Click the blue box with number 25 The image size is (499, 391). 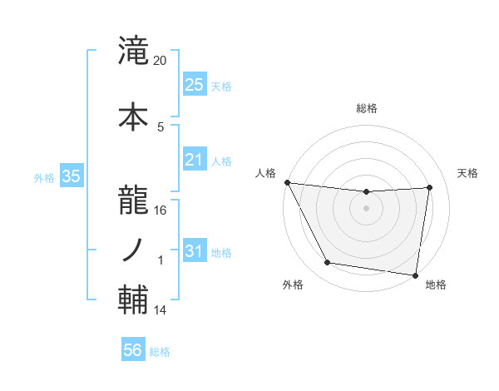click(195, 85)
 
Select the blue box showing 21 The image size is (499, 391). click(195, 160)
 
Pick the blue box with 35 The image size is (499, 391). click(71, 176)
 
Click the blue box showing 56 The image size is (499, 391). click(133, 350)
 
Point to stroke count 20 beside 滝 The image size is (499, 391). click(161, 61)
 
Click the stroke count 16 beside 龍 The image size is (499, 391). click(161, 210)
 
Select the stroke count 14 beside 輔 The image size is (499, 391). click(161, 310)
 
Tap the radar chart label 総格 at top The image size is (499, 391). click(366, 108)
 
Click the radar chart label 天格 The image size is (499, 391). click(467, 173)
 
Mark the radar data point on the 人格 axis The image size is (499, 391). click(287, 182)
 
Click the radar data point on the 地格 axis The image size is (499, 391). click(415, 275)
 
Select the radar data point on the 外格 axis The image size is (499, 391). click(328, 263)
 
